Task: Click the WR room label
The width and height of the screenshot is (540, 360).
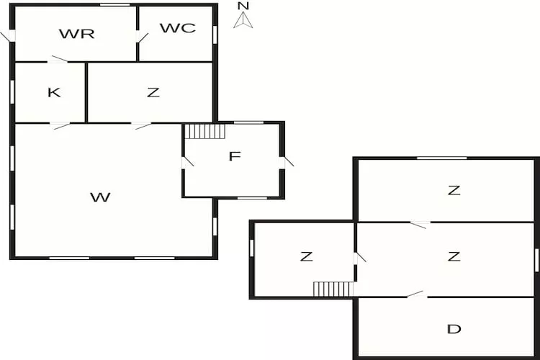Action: click(x=77, y=33)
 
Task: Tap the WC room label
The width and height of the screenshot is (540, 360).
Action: click(x=177, y=28)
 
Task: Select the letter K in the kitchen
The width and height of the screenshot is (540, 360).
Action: click(x=53, y=92)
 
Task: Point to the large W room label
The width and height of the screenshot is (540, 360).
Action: click(x=101, y=197)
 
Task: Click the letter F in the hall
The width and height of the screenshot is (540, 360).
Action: click(x=234, y=156)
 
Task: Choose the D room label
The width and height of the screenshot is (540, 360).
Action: click(x=454, y=329)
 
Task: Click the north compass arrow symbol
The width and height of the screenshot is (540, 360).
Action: click(x=244, y=17)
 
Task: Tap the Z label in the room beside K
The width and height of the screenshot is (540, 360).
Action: click(x=152, y=92)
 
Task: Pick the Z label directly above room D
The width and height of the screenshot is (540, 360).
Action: click(x=454, y=256)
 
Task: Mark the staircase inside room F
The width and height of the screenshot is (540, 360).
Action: click(x=205, y=131)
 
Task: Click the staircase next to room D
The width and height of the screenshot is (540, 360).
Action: click(x=333, y=289)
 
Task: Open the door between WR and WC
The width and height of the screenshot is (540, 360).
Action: click(x=141, y=35)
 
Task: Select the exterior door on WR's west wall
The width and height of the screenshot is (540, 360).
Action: click(x=9, y=35)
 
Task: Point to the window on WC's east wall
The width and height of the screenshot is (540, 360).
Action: click(x=215, y=34)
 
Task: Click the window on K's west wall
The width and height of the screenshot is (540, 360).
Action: click(x=12, y=91)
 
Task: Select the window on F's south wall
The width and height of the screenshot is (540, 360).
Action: click(x=252, y=197)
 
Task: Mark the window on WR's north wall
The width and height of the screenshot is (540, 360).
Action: click(x=115, y=5)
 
